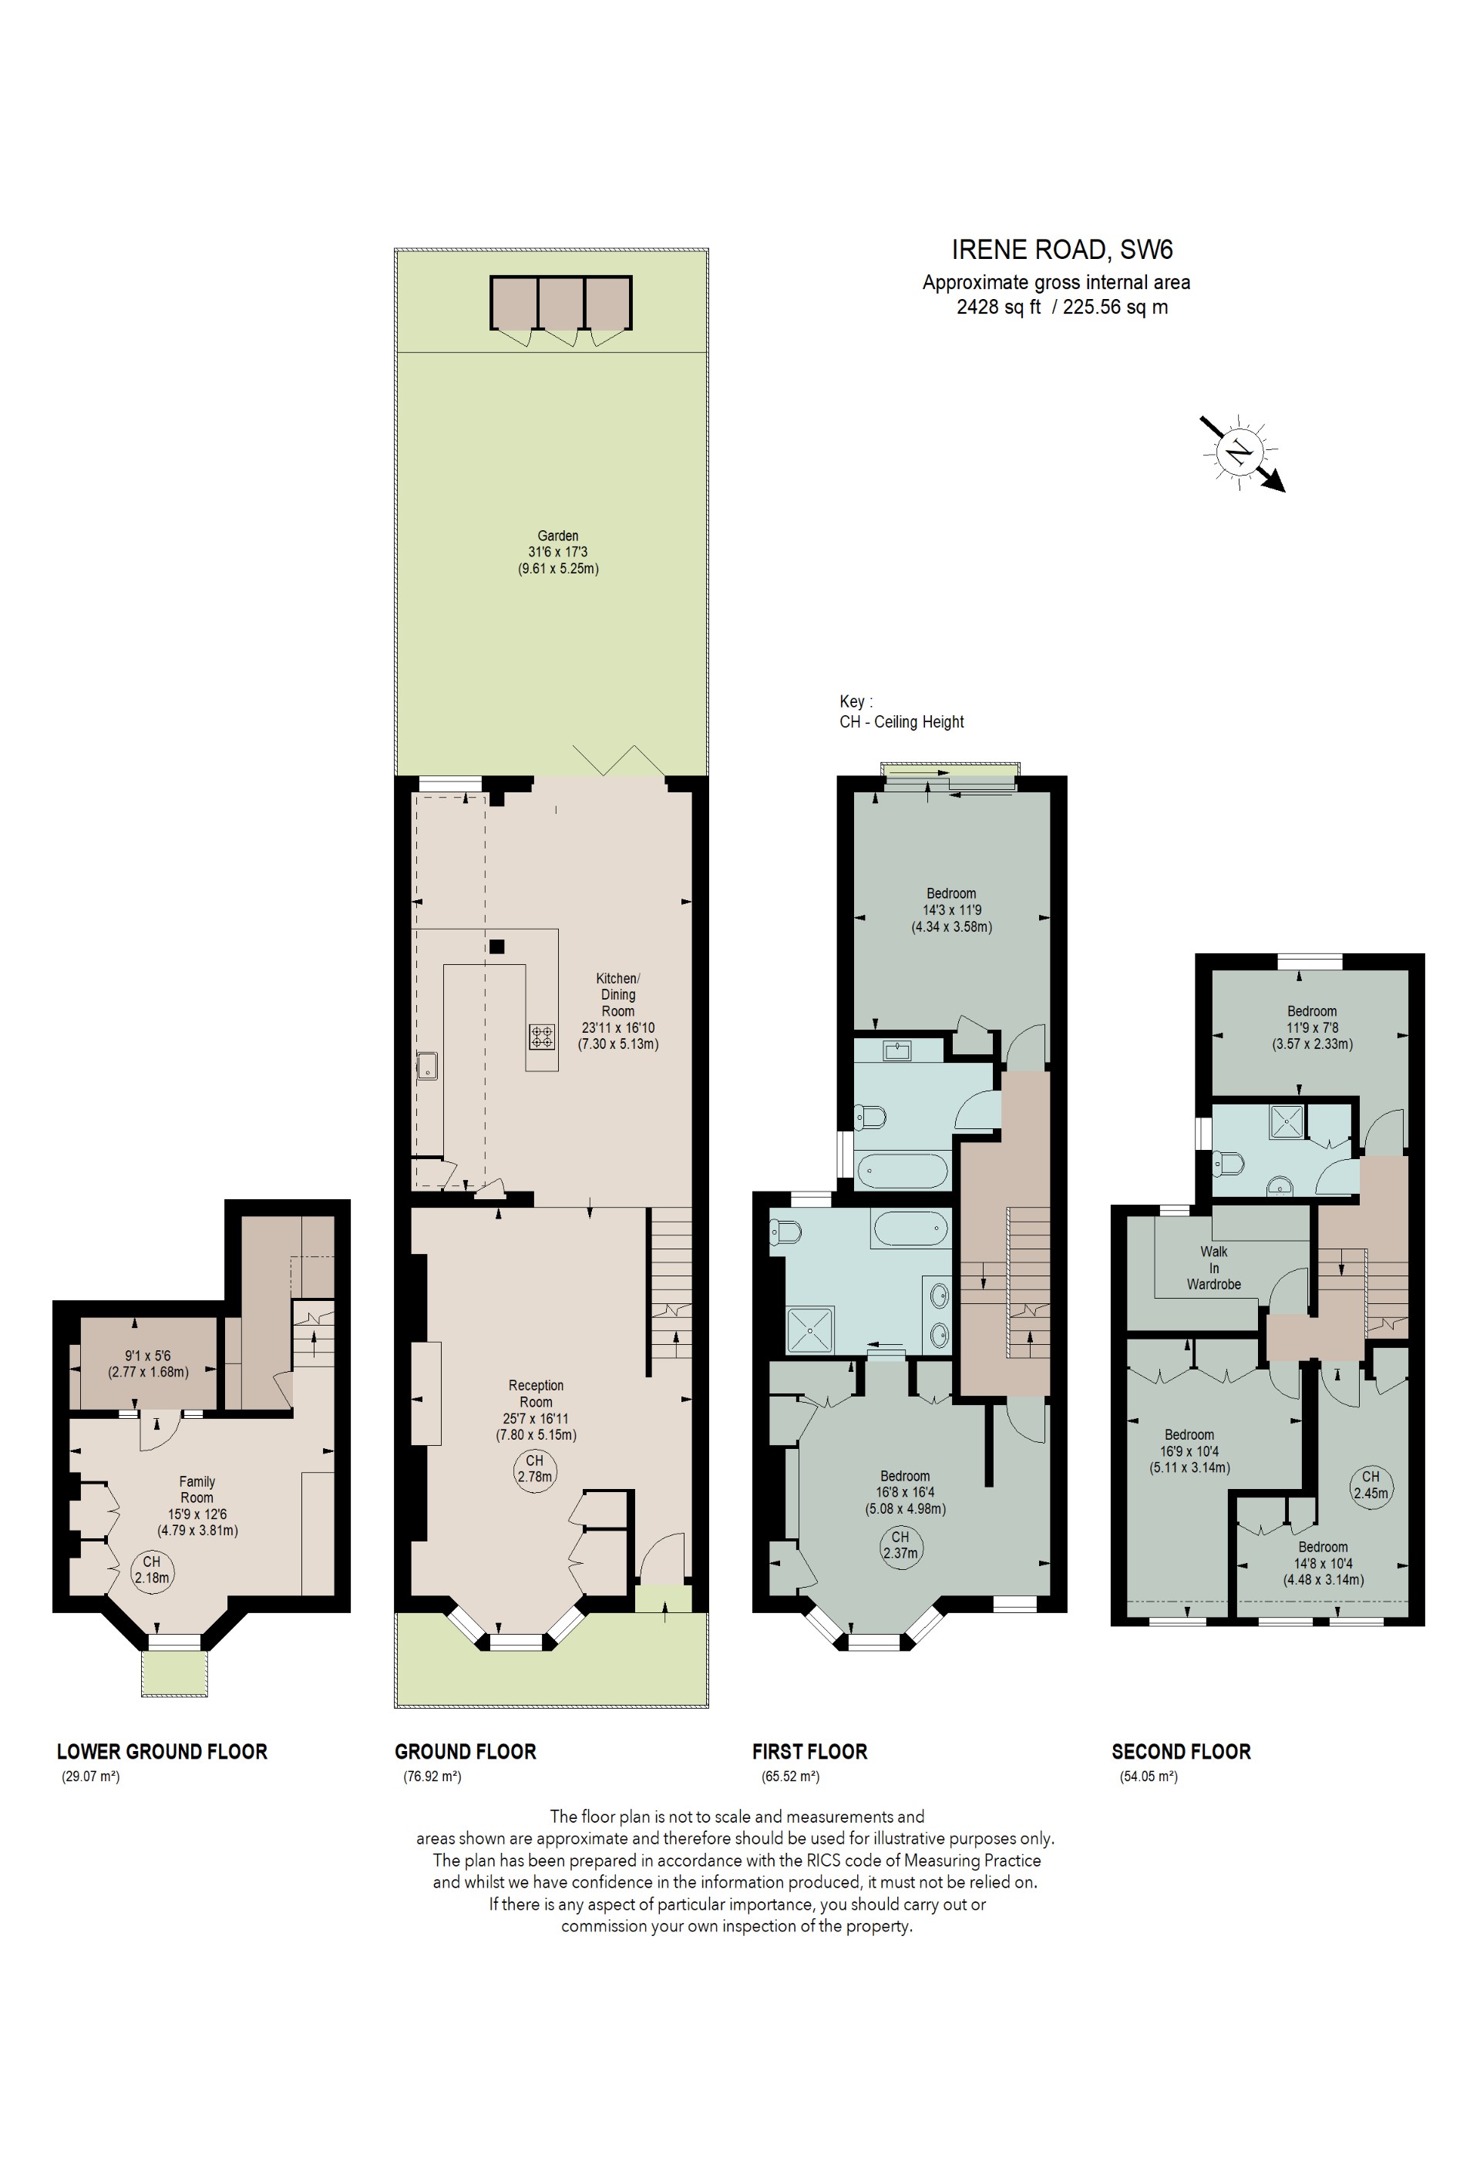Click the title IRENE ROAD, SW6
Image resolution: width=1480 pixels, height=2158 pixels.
click(1061, 250)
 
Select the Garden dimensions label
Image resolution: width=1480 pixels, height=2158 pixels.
click(558, 552)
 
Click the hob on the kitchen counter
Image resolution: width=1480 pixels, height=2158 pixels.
click(542, 1037)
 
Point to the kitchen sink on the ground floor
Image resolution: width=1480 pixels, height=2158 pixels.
click(427, 1065)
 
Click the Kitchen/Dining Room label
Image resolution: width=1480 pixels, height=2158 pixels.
click(617, 1010)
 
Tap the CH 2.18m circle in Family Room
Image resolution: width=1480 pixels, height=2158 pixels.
click(151, 1568)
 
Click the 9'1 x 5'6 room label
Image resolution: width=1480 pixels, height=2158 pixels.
click(149, 1363)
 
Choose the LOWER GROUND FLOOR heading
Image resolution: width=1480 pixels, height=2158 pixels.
click(162, 1751)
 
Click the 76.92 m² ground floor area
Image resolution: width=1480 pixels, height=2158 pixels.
click(432, 1776)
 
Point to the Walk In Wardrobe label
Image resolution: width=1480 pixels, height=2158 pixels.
click(1213, 1268)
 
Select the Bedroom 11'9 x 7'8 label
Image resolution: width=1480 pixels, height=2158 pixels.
click(1312, 1027)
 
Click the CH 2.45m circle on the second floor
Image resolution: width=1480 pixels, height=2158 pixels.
click(1371, 1485)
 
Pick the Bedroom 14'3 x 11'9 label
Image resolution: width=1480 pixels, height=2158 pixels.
click(952, 910)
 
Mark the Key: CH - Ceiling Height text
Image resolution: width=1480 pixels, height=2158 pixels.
click(900, 711)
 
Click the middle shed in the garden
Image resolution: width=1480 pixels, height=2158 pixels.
click(561, 303)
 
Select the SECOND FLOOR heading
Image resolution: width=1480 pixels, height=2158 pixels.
click(1181, 1751)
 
